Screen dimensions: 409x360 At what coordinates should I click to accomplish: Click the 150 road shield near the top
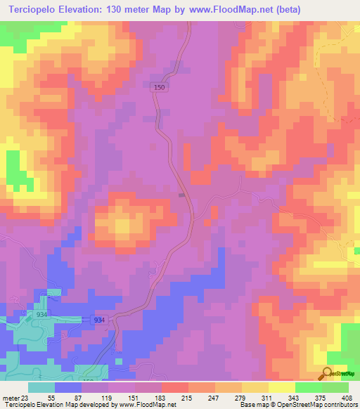[x=160, y=87]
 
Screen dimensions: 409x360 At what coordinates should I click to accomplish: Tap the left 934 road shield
[x=42, y=315]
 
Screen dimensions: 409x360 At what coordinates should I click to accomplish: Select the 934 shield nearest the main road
[x=99, y=320]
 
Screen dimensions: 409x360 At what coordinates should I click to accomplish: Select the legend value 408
[x=347, y=397]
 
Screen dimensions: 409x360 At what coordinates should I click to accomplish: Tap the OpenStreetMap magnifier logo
[x=327, y=373]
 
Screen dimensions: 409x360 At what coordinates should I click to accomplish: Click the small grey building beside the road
[x=182, y=195]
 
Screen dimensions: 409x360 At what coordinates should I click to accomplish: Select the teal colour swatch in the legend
[x=41, y=387]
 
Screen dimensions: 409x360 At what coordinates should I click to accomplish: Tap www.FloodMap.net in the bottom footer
[x=139, y=405]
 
